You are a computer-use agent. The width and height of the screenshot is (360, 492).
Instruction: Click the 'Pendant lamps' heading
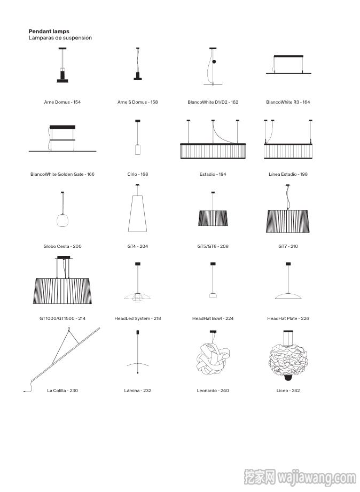49,32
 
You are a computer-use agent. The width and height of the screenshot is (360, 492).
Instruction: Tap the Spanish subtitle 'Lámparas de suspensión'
60,37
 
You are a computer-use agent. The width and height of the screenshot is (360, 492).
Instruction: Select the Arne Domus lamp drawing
62,65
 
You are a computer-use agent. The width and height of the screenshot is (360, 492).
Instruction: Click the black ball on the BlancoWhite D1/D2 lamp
214,61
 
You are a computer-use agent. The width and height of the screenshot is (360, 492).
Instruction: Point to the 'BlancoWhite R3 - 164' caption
288,102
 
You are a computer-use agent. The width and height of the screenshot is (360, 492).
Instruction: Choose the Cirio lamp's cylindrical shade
137,150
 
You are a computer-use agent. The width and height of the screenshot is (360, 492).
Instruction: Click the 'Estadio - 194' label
213,174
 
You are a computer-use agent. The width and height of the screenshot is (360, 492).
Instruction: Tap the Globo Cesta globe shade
62,220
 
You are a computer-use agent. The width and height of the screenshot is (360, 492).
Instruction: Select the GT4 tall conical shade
137,214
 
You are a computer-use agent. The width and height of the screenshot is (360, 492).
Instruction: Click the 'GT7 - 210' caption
288,246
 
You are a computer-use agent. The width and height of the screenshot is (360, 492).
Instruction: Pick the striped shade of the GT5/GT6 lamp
213,218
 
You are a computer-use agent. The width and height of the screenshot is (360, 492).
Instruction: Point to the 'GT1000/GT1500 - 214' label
62,318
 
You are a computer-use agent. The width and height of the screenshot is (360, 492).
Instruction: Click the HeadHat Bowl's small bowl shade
213,295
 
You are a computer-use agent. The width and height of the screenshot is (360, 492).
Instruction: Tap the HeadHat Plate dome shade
288,295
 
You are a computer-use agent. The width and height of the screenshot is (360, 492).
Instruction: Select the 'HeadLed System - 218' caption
137,318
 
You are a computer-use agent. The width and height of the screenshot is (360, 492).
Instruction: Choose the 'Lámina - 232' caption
137,391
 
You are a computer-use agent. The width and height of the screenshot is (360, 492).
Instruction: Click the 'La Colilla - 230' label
62,391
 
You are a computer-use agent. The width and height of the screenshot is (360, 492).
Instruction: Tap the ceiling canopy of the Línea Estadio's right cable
311,121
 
